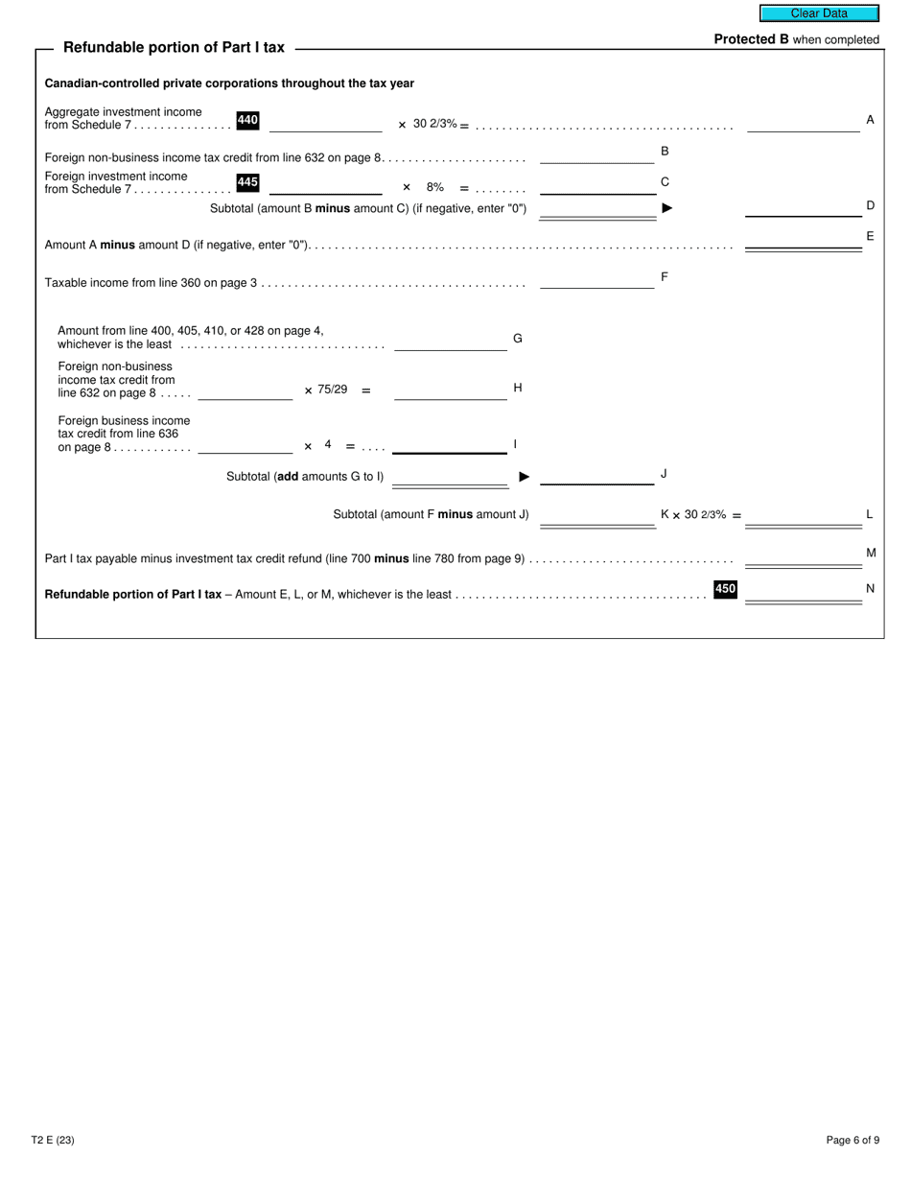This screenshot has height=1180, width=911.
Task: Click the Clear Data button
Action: (x=819, y=13)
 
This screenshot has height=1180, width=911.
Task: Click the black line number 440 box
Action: (x=247, y=121)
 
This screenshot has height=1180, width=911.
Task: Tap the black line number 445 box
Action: (x=247, y=182)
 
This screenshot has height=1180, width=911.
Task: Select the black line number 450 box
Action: (x=725, y=589)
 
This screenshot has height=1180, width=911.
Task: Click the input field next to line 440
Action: (x=325, y=124)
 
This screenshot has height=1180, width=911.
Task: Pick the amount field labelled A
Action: (x=803, y=124)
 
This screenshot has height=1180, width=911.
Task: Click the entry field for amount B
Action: (x=596, y=155)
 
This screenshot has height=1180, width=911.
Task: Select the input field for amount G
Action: (x=450, y=342)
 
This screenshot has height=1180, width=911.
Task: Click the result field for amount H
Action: (x=450, y=391)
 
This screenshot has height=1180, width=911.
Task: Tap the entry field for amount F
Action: (x=596, y=280)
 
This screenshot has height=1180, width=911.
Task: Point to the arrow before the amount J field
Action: (x=525, y=477)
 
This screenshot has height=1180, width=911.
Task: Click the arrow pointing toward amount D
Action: (x=667, y=208)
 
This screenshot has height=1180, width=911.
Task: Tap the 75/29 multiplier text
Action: (x=332, y=389)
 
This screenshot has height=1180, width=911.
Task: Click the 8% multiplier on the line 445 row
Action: (x=435, y=187)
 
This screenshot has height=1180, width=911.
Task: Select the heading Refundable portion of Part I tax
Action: (x=174, y=48)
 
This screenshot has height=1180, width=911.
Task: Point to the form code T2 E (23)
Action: (x=53, y=1140)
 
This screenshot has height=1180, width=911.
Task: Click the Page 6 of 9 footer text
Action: (x=853, y=1140)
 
